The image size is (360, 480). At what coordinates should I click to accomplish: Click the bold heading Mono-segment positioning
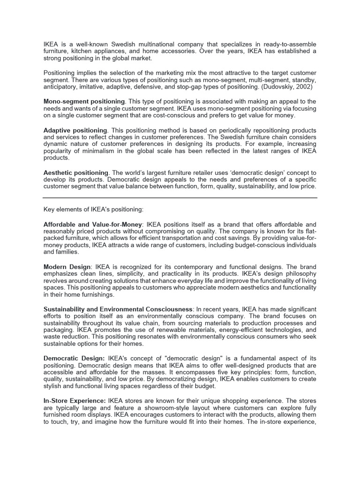[84, 102]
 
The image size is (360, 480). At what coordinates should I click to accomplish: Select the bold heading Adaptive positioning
[75, 130]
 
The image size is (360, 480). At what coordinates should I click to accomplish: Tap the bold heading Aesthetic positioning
[76, 173]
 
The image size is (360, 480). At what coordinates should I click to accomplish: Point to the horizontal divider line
[180, 198]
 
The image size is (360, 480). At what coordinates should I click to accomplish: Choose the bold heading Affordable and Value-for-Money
[93, 225]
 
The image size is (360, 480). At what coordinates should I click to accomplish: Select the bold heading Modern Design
[67, 267]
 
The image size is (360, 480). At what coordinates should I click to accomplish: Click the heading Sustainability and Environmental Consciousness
[118, 309]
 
